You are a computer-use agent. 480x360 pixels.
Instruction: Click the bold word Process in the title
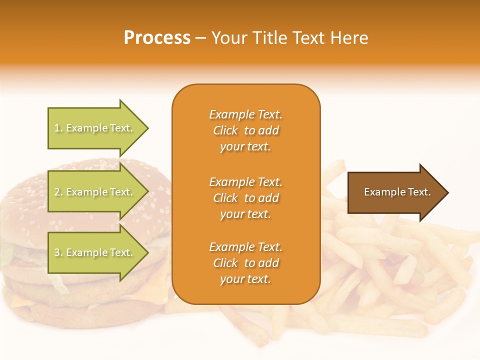point(157,38)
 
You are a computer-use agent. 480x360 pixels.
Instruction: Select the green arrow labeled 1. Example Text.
point(95,128)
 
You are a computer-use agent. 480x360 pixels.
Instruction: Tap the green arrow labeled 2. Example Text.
point(95,192)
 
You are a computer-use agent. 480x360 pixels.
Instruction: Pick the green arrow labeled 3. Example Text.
point(95,253)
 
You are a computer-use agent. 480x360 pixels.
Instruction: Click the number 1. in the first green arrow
point(58,128)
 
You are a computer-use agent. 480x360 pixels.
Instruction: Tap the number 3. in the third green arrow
point(58,253)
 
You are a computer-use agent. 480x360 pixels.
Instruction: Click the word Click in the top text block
point(225,131)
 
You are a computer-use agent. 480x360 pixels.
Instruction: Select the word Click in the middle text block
point(225,198)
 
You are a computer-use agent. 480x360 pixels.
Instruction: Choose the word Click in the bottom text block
point(225,263)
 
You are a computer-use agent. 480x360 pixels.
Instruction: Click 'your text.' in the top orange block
point(245,147)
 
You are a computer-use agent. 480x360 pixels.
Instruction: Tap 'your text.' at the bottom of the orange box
point(245,279)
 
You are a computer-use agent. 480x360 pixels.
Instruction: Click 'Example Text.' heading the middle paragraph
point(245,182)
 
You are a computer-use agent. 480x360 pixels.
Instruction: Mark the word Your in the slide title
point(228,38)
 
